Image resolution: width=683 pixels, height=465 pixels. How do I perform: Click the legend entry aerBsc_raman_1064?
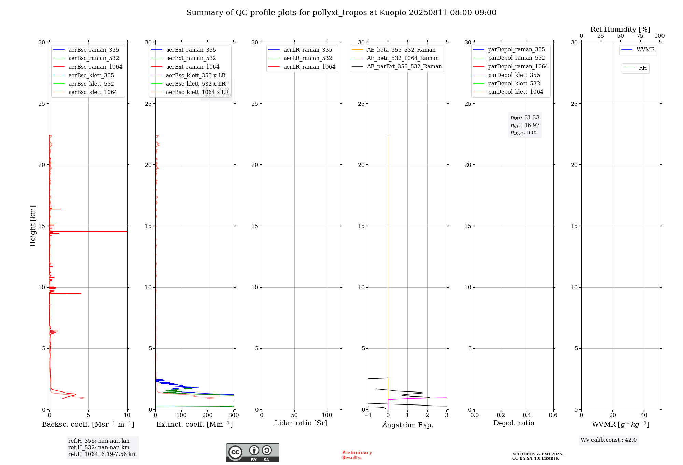[x=95, y=67]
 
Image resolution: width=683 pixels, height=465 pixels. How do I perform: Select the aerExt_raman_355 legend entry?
[x=191, y=50]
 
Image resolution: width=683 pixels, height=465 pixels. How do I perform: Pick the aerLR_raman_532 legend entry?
[x=308, y=58]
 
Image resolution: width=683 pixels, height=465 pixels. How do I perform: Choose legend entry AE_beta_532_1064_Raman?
[x=403, y=58]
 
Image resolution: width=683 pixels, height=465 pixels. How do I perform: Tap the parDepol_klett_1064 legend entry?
[x=515, y=92]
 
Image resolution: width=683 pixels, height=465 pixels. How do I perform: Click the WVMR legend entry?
[x=645, y=50]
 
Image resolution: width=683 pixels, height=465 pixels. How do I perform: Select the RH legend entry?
[x=643, y=68]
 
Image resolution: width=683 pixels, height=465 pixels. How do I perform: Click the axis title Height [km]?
[x=33, y=226]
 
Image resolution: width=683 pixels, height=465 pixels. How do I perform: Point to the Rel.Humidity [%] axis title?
[x=620, y=29]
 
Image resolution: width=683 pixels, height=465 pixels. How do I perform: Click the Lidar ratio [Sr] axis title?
[x=301, y=423]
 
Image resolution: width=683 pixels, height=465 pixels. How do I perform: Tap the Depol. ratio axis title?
[x=514, y=423]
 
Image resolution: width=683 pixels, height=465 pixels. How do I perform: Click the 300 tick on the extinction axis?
[x=234, y=415]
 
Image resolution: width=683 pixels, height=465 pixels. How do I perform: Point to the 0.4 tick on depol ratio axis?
[x=527, y=415]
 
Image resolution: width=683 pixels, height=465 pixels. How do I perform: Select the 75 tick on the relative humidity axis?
[x=640, y=36]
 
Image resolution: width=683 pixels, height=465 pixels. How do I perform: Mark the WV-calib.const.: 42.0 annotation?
[x=608, y=440]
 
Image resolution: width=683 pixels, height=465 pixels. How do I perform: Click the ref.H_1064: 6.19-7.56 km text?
[x=102, y=454]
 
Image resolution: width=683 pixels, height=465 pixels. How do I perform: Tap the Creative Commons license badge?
[x=252, y=453]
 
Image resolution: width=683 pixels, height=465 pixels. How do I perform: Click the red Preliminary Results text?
[x=357, y=455]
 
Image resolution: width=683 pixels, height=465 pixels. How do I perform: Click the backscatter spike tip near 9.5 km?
[x=81, y=293]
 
